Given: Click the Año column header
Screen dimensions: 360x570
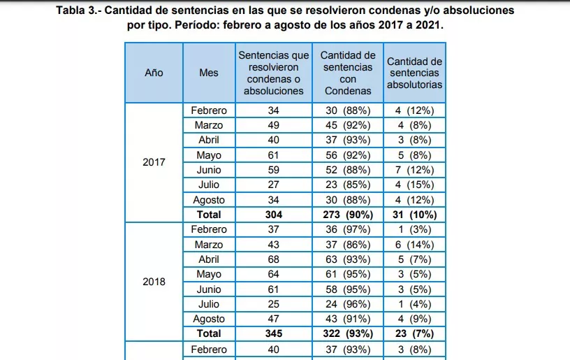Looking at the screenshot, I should pyautogui.click(x=154, y=73).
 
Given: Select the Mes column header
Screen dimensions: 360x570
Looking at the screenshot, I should pyautogui.click(x=209, y=73).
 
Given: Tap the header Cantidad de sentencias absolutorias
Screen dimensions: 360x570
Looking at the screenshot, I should pyautogui.click(x=415, y=73).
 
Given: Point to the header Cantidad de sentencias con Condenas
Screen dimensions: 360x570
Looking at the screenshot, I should pyautogui.click(x=348, y=73).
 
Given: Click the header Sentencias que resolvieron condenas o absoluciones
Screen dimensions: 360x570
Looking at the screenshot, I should pyautogui.click(x=274, y=73).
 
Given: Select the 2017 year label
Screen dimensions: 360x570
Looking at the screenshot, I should pyautogui.click(x=154, y=162).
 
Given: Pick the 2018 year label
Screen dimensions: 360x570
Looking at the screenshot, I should pyautogui.click(x=154, y=282).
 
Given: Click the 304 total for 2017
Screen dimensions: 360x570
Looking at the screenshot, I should pyautogui.click(x=274, y=215).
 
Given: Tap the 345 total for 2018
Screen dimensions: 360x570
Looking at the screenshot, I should pyautogui.click(x=274, y=333).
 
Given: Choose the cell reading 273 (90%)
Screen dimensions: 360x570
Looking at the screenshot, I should pyautogui.click(x=348, y=215).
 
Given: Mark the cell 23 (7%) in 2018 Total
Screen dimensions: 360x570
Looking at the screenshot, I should pyautogui.click(x=415, y=333).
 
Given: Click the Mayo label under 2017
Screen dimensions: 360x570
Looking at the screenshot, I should pyautogui.click(x=209, y=155).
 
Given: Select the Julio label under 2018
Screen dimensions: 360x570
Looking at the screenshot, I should pyautogui.click(x=209, y=304).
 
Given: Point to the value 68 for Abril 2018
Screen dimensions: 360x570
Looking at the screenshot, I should pyautogui.click(x=274, y=259).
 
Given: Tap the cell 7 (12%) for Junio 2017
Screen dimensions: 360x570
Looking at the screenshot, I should pyautogui.click(x=415, y=170).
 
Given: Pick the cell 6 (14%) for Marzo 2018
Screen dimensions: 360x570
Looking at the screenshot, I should pyautogui.click(x=415, y=245).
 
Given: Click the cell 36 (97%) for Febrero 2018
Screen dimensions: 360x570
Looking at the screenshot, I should pyautogui.click(x=348, y=229).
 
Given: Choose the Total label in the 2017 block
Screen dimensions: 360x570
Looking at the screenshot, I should pyautogui.click(x=209, y=215).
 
